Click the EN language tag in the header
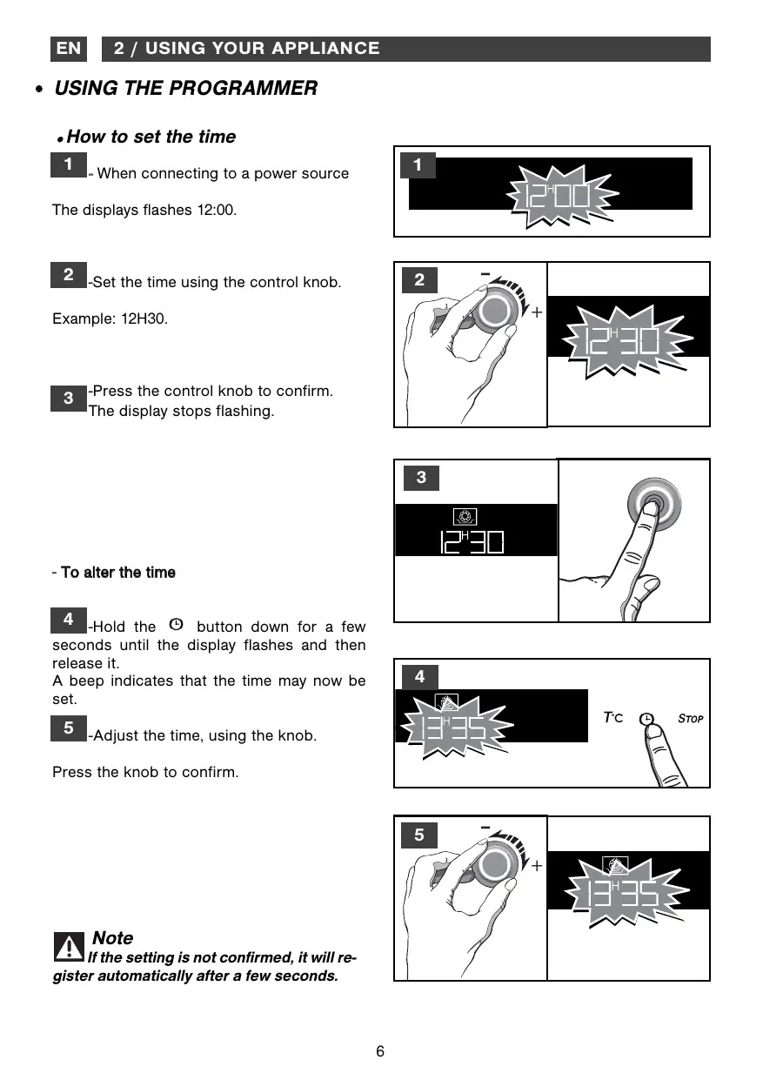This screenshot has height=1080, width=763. click(69, 49)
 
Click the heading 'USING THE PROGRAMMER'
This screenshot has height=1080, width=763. click(185, 88)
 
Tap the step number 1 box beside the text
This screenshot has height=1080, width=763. click(69, 164)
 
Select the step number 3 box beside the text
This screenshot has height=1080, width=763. click(69, 399)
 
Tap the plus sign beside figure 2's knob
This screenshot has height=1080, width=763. click(537, 312)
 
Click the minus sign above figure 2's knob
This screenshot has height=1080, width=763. click(485, 274)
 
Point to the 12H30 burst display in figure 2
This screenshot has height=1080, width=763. click(626, 341)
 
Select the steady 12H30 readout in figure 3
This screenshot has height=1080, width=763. click(472, 541)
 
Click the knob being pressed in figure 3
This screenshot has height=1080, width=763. click(654, 505)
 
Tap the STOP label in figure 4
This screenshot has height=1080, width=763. click(690, 719)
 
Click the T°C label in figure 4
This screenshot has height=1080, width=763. click(613, 718)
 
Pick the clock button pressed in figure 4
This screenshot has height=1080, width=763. click(646, 720)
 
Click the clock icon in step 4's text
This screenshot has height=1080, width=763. click(177, 624)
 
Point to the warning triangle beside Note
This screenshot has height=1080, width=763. click(69, 947)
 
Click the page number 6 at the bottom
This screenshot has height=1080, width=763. click(380, 1051)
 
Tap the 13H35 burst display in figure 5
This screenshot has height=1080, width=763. click(626, 892)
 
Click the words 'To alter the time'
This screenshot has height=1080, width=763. click(118, 573)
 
